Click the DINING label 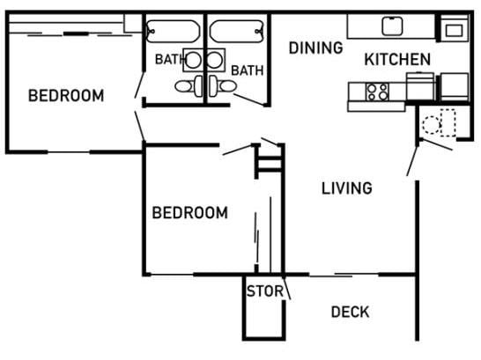coord(315,48)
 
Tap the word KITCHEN coord(397,60)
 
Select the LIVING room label coord(346,187)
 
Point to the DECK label coord(350,312)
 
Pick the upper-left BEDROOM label coord(66,95)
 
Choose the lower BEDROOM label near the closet coord(189,212)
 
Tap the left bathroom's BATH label coord(169,60)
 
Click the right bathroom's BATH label coord(248,70)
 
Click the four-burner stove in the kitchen coord(377,91)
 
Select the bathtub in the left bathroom coord(174,31)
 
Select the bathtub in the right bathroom coord(238,31)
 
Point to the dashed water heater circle coord(431,124)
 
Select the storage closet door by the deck coord(287,287)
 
